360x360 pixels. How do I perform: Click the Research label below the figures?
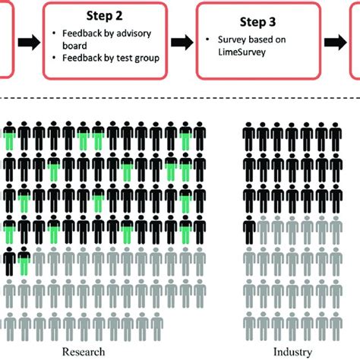(x=84, y=352)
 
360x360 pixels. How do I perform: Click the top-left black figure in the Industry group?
(x=248, y=137)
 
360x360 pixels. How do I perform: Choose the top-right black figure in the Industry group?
(x=336, y=137)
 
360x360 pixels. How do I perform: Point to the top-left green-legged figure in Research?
(x=9, y=137)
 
